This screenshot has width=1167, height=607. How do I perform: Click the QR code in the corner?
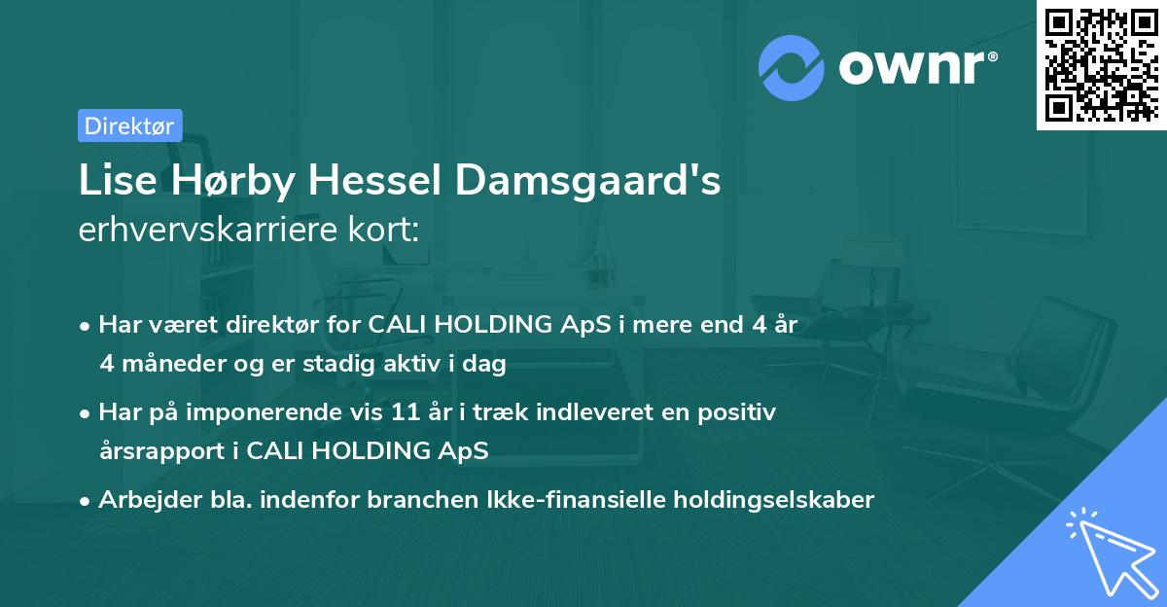pyautogui.click(x=1102, y=65)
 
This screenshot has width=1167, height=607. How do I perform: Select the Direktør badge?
pyautogui.click(x=129, y=125)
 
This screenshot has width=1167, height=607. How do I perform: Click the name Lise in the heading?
pyautogui.click(x=114, y=181)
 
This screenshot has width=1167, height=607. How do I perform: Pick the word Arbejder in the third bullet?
pyautogui.click(x=140, y=500)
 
